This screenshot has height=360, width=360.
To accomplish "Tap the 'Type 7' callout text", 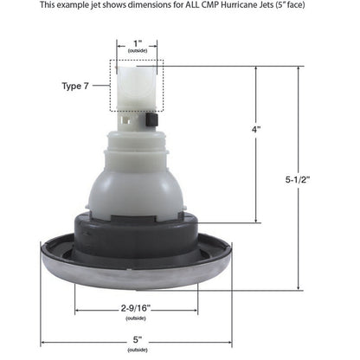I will pos(74,87).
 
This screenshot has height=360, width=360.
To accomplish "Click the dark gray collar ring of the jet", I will pos(137,228).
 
